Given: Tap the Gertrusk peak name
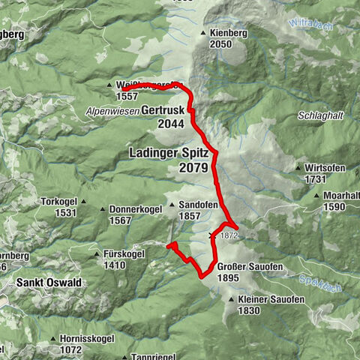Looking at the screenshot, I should (161, 109).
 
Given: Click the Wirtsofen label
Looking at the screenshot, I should (325, 168).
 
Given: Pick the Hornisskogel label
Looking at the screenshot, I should (85, 339).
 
